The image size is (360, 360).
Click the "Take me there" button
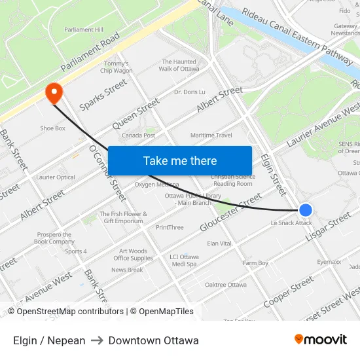coord(180,161)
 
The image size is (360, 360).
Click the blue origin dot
coord(306,210)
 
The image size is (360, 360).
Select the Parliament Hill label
coord(84,29)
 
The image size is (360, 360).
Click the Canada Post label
coord(138,135)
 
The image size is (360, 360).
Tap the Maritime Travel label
coord(211,135)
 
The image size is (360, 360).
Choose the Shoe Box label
coord(53,128)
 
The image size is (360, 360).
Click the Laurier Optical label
coord(56,177)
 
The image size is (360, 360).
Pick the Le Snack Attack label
coord(291,223)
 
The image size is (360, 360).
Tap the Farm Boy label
coord(255,263)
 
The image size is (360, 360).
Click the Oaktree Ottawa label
coord(225,285)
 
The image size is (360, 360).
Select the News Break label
coord(127,270)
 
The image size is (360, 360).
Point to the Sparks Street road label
coord(103,94)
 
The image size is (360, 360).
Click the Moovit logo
coord(321,339)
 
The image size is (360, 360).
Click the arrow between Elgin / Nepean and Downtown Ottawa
coord(97,340)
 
